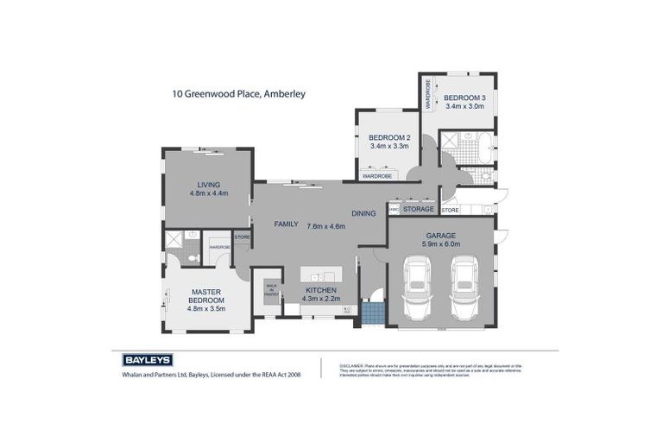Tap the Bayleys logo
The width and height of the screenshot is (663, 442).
[x=148, y=360]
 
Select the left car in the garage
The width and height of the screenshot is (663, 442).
[x=416, y=290]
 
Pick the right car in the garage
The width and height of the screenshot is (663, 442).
[x=464, y=290]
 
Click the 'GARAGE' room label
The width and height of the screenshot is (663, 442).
[x=440, y=235]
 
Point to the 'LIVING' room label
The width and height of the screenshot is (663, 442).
[x=208, y=184]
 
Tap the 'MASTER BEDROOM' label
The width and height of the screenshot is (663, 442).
[x=207, y=295]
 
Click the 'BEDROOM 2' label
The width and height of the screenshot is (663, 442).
[x=389, y=137]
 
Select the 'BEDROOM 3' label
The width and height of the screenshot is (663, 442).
[x=465, y=98]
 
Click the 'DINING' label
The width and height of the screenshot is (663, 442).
[x=363, y=213]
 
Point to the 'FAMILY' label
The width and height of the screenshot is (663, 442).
[x=286, y=224]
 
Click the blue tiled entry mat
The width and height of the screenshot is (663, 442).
[x=371, y=312]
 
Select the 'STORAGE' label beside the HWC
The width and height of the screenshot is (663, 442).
[x=419, y=209]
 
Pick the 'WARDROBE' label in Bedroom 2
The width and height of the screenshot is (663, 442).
[x=376, y=176]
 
